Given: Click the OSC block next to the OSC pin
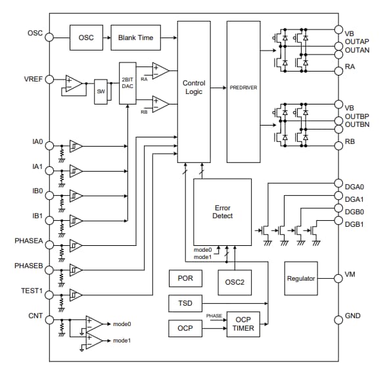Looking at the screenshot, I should pos(86,37).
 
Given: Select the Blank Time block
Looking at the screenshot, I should pos(135,37).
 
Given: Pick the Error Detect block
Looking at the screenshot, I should pos(223,212).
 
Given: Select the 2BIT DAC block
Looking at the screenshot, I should pos(127,83).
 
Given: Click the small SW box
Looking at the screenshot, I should pos(101,91).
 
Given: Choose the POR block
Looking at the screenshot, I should pos(185,278).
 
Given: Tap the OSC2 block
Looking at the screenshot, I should pos(235,282).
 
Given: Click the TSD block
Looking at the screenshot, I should pos(185,304).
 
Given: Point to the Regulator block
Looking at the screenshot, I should pos(301,278).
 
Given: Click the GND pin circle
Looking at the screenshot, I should pos(338,317).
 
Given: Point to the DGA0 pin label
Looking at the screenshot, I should pos(354,186).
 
